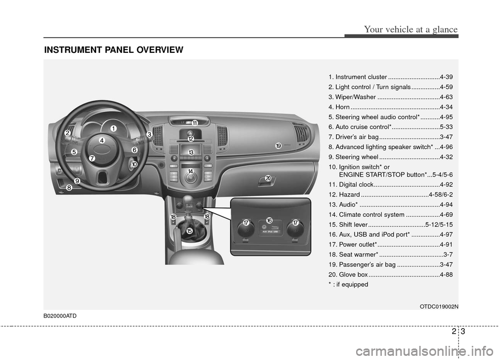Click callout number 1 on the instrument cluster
pos(113,128)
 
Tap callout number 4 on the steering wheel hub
pos(102,141)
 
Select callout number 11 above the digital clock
pos(194,123)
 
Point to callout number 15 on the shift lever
pos(189,230)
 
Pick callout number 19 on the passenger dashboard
pos(278,146)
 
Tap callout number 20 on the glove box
pos(268,179)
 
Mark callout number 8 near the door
pos(69,190)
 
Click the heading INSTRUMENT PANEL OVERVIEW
pos(113,50)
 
